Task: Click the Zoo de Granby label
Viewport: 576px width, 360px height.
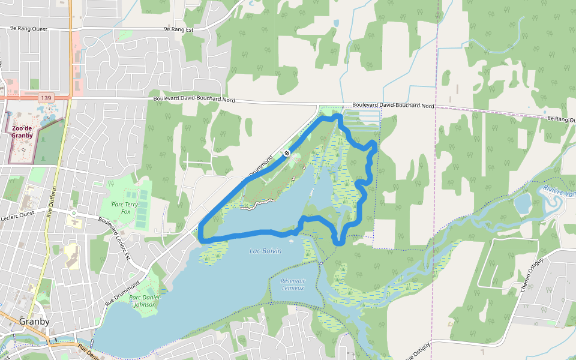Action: (x=21, y=131)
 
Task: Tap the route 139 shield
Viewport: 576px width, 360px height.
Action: (x=46, y=97)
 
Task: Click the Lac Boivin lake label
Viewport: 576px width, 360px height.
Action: (x=265, y=251)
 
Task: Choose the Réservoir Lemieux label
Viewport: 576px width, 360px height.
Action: (x=293, y=284)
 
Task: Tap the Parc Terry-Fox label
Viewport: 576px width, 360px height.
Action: (x=125, y=207)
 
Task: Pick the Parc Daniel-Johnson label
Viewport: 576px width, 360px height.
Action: (x=143, y=301)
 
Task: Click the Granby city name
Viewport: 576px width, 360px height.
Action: (x=34, y=321)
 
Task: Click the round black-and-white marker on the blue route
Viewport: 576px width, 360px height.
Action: (x=287, y=153)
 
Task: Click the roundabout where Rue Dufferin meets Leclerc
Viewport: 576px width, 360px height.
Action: (x=73, y=213)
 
